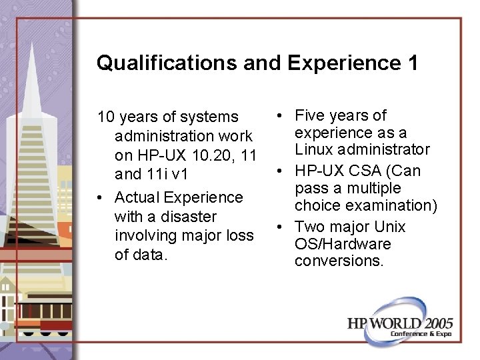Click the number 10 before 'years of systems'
105,117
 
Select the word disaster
183,217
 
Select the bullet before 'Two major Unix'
281,227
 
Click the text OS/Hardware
343,244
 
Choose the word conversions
339,261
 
